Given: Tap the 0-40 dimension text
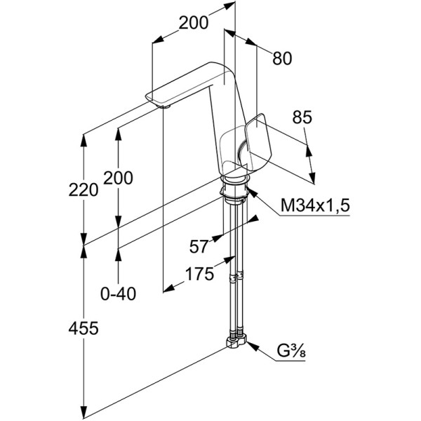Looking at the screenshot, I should (x=118, y=293).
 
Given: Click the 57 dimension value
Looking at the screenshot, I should (x=200, y=246).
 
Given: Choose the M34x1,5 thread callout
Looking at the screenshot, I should (x=314, y=206).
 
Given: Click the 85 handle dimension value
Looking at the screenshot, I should (x=302, y=119).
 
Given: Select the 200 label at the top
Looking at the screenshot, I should (x=193, y=22).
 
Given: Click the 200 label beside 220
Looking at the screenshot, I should (x=118, y=179).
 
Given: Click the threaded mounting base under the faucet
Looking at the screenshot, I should (x=234, y=189).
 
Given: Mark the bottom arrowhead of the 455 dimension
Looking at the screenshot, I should (x=84, y=413).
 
